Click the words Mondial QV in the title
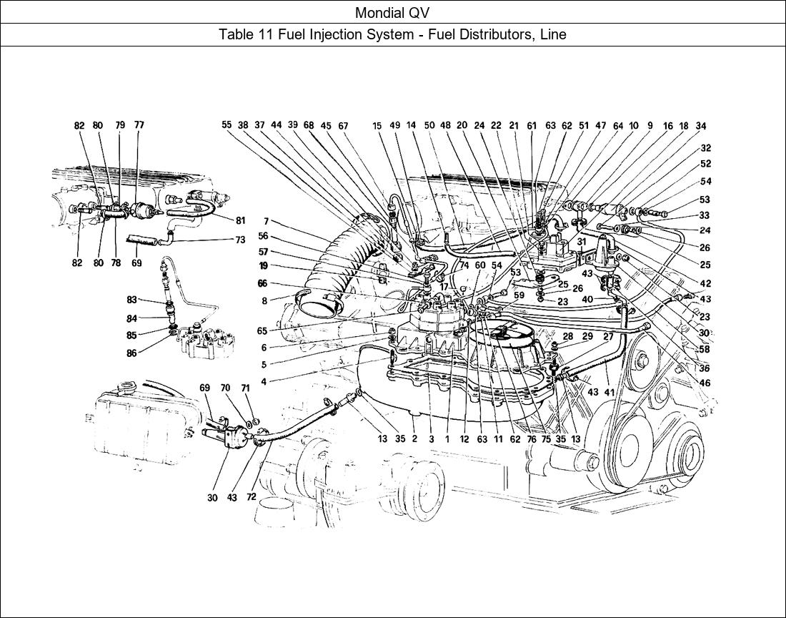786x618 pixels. coord(392,12)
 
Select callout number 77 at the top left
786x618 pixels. coord(139,125)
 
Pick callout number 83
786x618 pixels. coord(131,300)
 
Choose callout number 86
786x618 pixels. coord(131,353)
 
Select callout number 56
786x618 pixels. coord(264,236)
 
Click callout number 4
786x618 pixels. coord(264,382)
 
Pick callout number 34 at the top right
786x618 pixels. coord(701,126)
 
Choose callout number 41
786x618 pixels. coord(609,392)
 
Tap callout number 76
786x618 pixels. coord(531,440)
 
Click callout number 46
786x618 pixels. coord(706,383)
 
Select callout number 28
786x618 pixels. coord(568,335)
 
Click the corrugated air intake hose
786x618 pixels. coord(343,257)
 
